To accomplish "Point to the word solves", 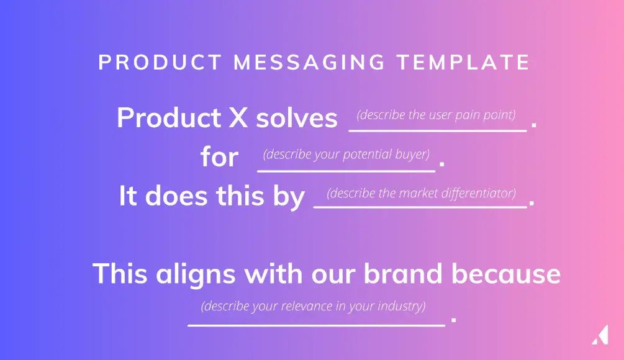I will (297, 118).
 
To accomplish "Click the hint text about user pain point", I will (436, 115).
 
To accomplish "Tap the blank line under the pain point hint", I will (437, 130).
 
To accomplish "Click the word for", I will (219, 157).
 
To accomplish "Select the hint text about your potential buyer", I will (346, 154).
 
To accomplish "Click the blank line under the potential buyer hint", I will (346, 169).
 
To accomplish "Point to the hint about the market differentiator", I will (421, 193).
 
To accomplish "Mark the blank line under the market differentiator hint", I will (420, 208).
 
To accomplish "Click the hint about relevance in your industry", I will (313, 306).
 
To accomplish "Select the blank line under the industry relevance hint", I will (316, 323).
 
